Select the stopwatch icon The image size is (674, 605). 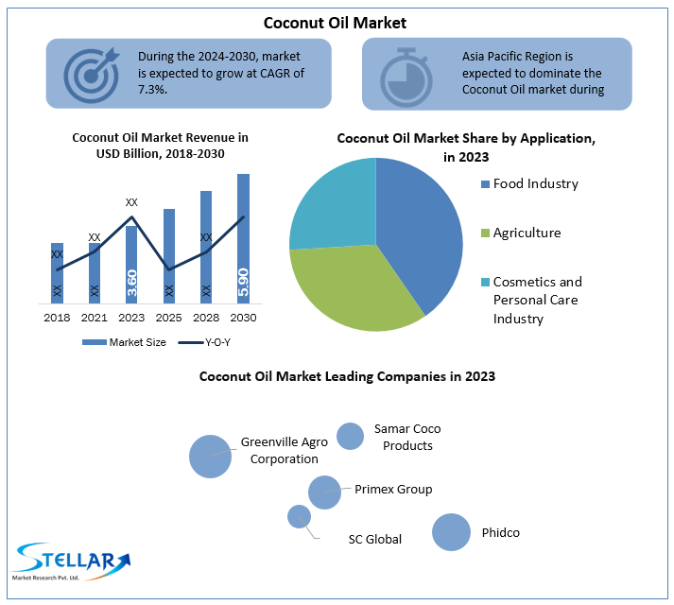coord(407,73)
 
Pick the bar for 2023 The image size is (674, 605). coord(131,265)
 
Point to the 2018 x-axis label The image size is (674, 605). coord(57,317)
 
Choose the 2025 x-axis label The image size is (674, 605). coord(169,317)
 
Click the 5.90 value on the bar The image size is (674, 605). coord(243,282)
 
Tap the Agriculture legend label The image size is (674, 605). coord(527,233)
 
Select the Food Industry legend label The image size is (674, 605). coord(535,183)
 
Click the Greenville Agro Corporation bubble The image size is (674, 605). coord(210,456)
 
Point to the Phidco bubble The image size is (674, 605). coord(451,532)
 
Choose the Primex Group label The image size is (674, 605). coord(393,490)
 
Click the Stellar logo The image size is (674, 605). coord(70,562)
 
